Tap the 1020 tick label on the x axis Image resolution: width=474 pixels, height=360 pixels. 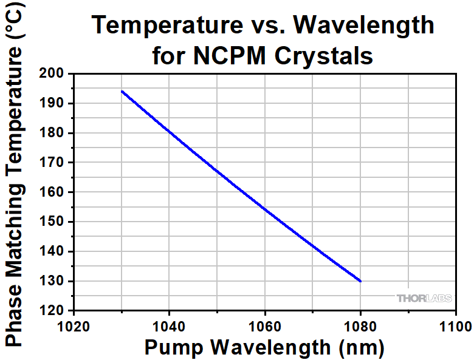[x=74, y=326]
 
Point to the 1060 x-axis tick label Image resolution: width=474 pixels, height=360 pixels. [x=265, y=326]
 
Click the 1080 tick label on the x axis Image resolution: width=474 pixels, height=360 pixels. [x=360, y=326]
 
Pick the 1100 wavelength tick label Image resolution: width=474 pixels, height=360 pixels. [x=455, y=326]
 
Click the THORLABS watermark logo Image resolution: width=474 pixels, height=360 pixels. [x=424, y=298]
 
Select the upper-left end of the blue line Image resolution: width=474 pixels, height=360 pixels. [x=122, y=91]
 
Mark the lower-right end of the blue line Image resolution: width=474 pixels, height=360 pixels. [x=360, y=281]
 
